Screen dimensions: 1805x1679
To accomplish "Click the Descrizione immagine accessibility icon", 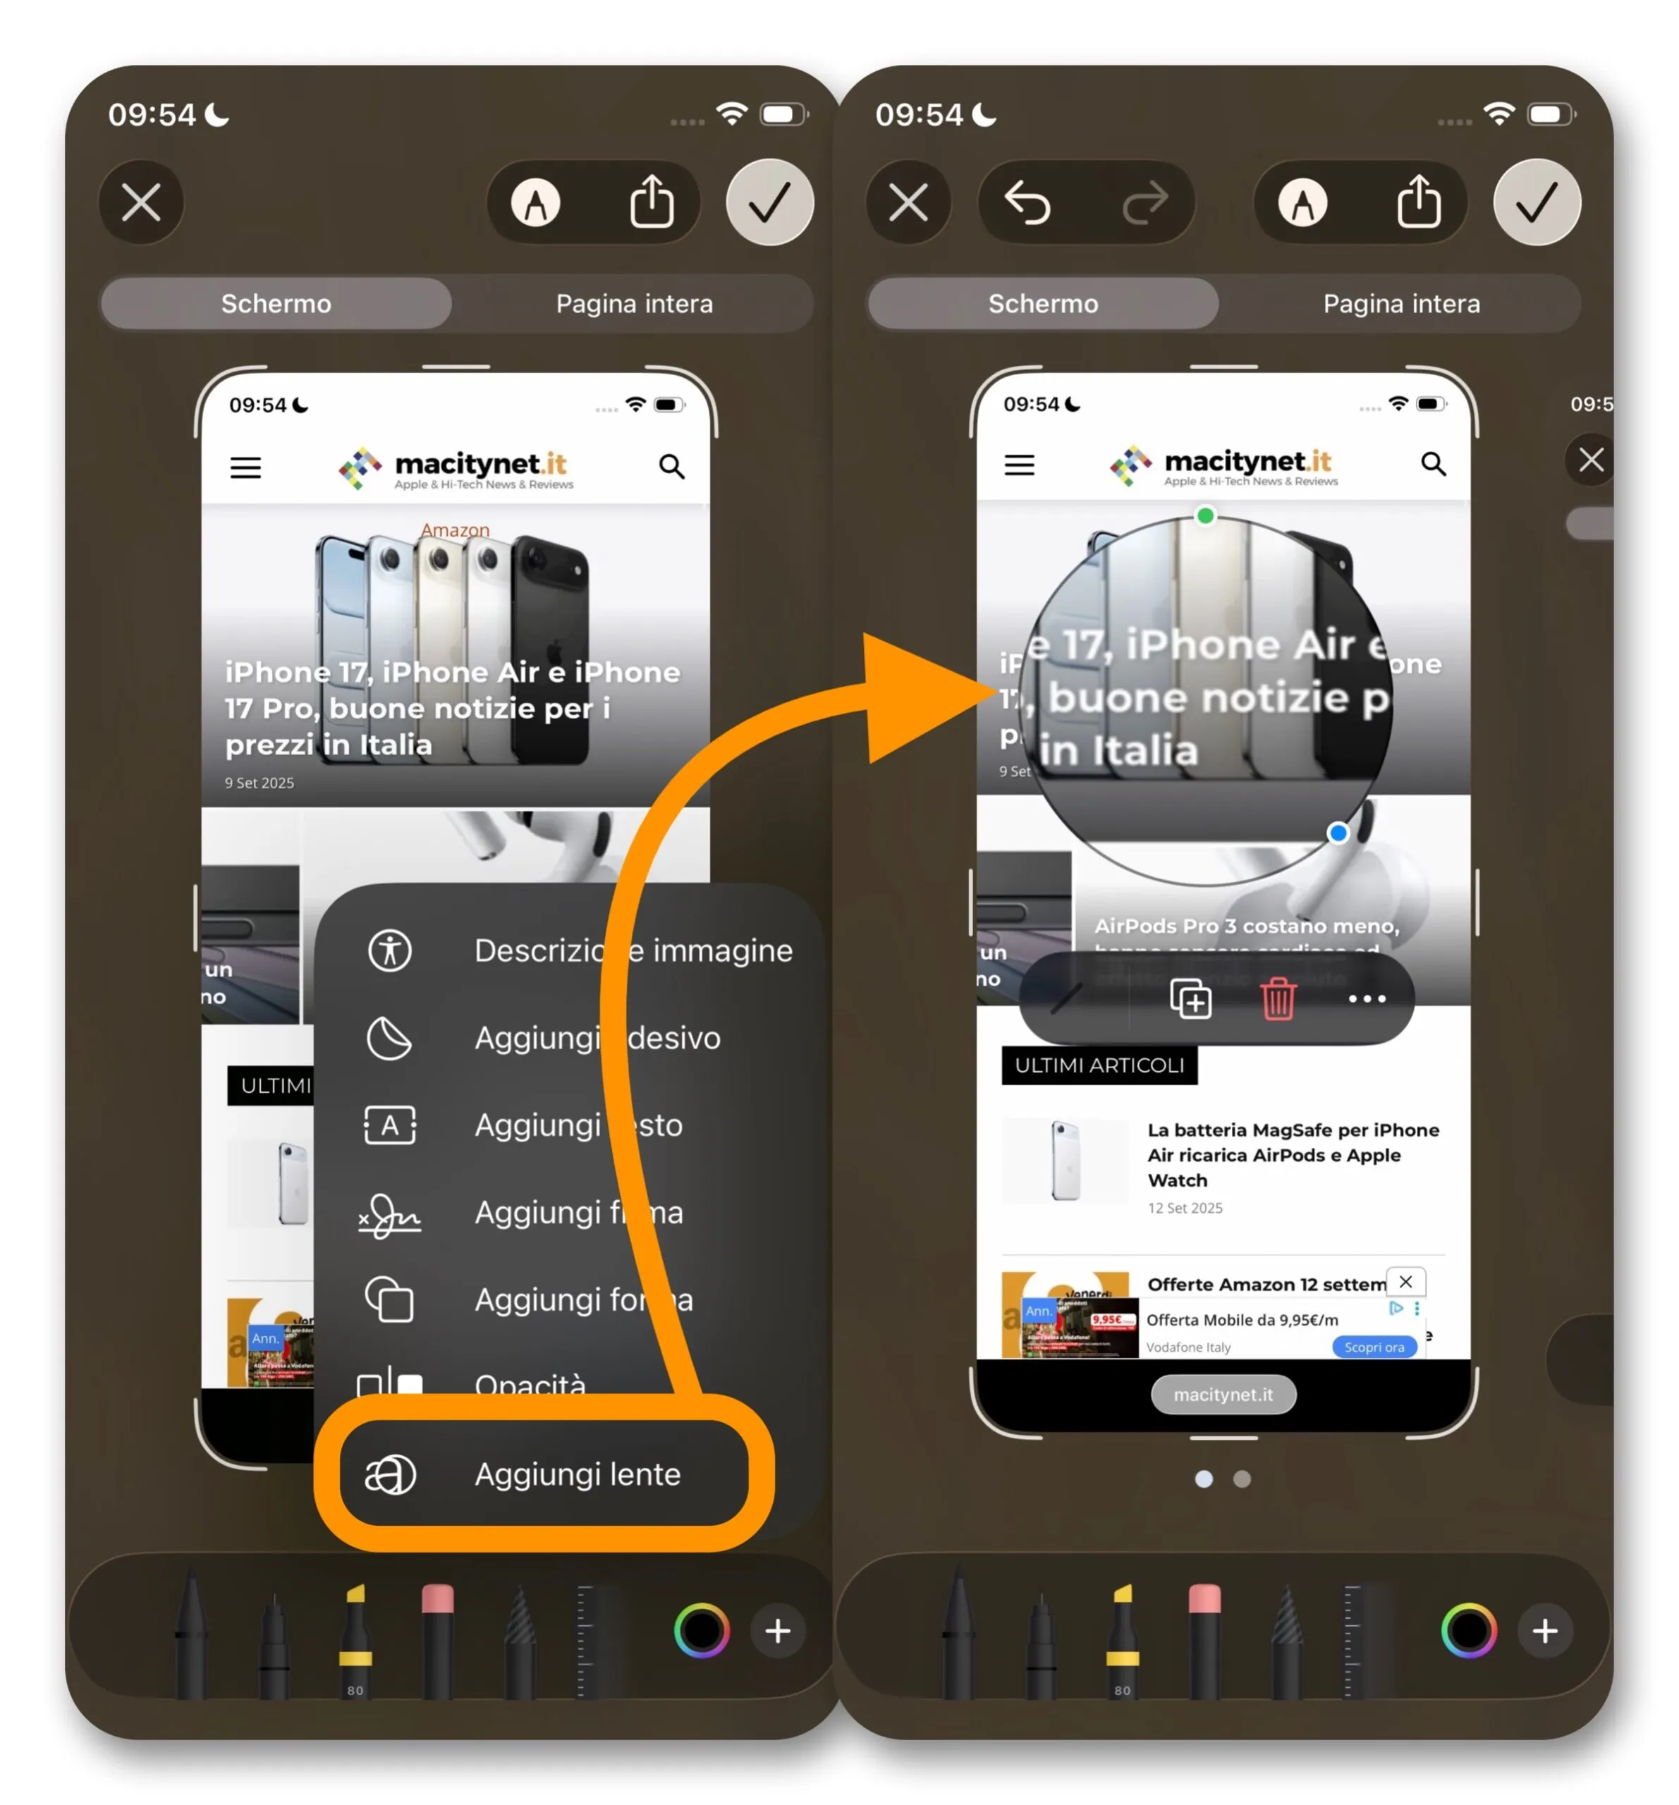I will [x=389, y=950].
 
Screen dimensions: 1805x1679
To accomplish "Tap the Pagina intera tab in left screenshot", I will [x=634, y=303].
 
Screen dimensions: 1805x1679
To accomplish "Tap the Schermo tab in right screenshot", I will [x=1042, y=303].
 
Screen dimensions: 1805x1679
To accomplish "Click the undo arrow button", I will [x=1027, y=202].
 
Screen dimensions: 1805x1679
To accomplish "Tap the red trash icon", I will [x=1278, y=998].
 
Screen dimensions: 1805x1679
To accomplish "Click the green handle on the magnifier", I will [x=1205, y=515].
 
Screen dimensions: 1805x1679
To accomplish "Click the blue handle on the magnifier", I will [x=1337, y=833].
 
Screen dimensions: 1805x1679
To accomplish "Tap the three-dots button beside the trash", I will [x=1367, y=998].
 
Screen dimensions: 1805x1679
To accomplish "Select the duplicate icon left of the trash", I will [x=1190, y=998].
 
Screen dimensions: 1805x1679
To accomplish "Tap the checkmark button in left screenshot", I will [x=769, y=202].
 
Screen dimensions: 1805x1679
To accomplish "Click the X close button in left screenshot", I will [x=142, y=202].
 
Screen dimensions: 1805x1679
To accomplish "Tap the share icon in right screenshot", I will [x=1418, y=202].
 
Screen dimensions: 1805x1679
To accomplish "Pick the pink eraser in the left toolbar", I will [x=438, y=1639].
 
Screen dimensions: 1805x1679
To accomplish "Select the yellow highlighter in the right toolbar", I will [x=1123, y=1639].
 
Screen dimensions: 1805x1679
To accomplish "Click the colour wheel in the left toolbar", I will [x=701, y=1631].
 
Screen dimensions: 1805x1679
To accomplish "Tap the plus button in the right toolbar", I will [x=1544, y=1631].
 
